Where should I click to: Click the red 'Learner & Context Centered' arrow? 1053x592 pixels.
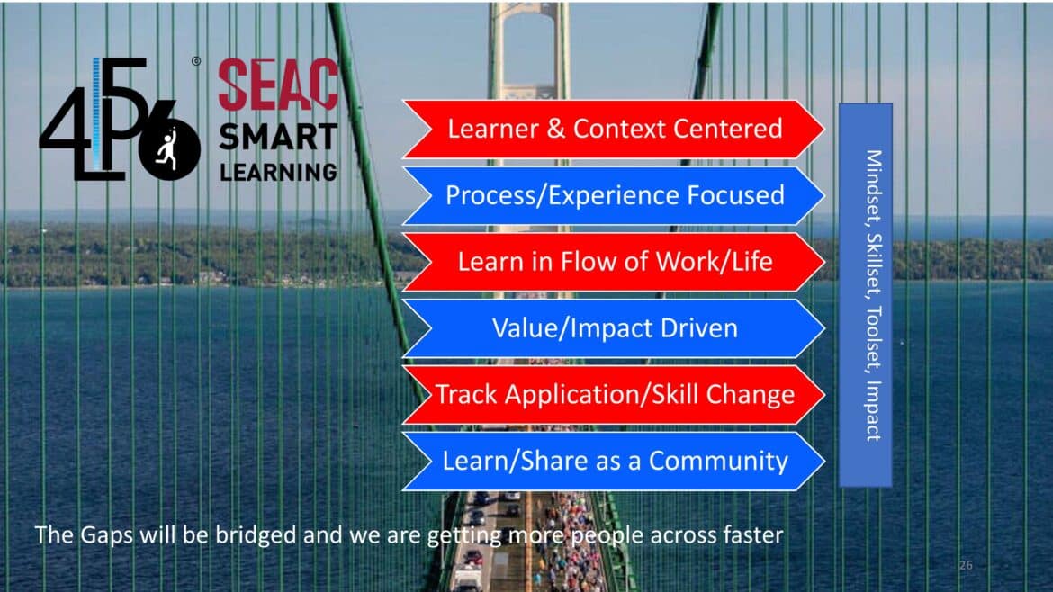614,130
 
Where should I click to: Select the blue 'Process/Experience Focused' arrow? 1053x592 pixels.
614,196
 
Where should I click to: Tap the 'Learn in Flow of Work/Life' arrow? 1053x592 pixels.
614,262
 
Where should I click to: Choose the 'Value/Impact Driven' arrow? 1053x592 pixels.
614,328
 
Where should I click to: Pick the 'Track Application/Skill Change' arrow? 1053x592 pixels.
614,395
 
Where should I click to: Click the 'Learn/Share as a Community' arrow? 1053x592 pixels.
614,462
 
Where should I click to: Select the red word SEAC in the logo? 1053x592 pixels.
278,85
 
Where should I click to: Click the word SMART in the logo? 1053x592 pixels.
278,138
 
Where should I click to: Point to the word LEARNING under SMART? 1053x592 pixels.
278,171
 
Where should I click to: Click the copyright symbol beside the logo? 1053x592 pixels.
196,62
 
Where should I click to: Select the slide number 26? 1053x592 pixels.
966,565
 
